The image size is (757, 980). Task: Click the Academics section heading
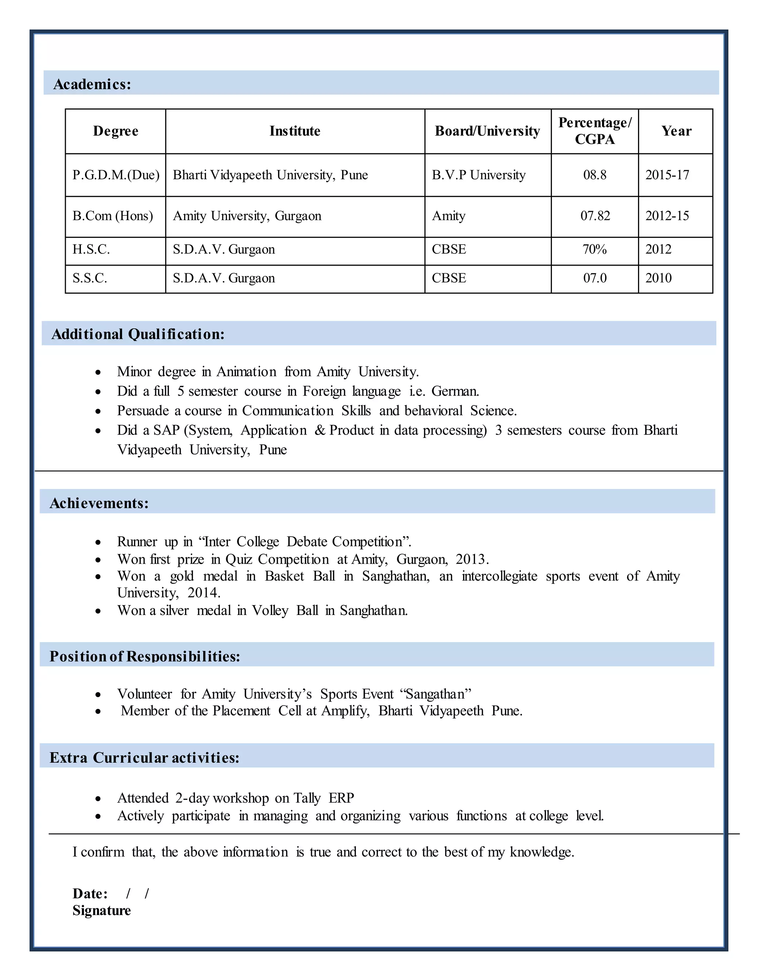[x=92, y=84]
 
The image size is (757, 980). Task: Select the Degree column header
[x=116, y=131]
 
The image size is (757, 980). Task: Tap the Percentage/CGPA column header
[x=595, y=131]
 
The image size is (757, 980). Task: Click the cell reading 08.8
[x=595, y=175]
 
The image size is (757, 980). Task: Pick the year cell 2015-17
[x=667, y=175]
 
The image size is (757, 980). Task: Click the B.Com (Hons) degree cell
[x=113, y=216]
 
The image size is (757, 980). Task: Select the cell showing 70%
[x=594, y=250]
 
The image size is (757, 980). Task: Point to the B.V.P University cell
[x=479, y=175]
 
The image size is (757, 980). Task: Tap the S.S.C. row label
[x=90, y=278]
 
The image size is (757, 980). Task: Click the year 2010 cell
[x=658, y=278]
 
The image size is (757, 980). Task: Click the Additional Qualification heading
[x=138, y=334]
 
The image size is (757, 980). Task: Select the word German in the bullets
[x=455, y=391]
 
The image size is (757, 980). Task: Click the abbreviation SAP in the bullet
[x=166, y=430]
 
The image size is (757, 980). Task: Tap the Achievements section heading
[x=99, y=503]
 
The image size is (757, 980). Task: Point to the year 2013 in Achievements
[x=471, y=560]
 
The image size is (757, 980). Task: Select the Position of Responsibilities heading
[x=145, y=656]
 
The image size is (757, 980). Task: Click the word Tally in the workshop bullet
[x=307, y=798]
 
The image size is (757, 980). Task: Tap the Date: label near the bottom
[x=90, y=894]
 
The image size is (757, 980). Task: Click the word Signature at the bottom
[x=102, y=911]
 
